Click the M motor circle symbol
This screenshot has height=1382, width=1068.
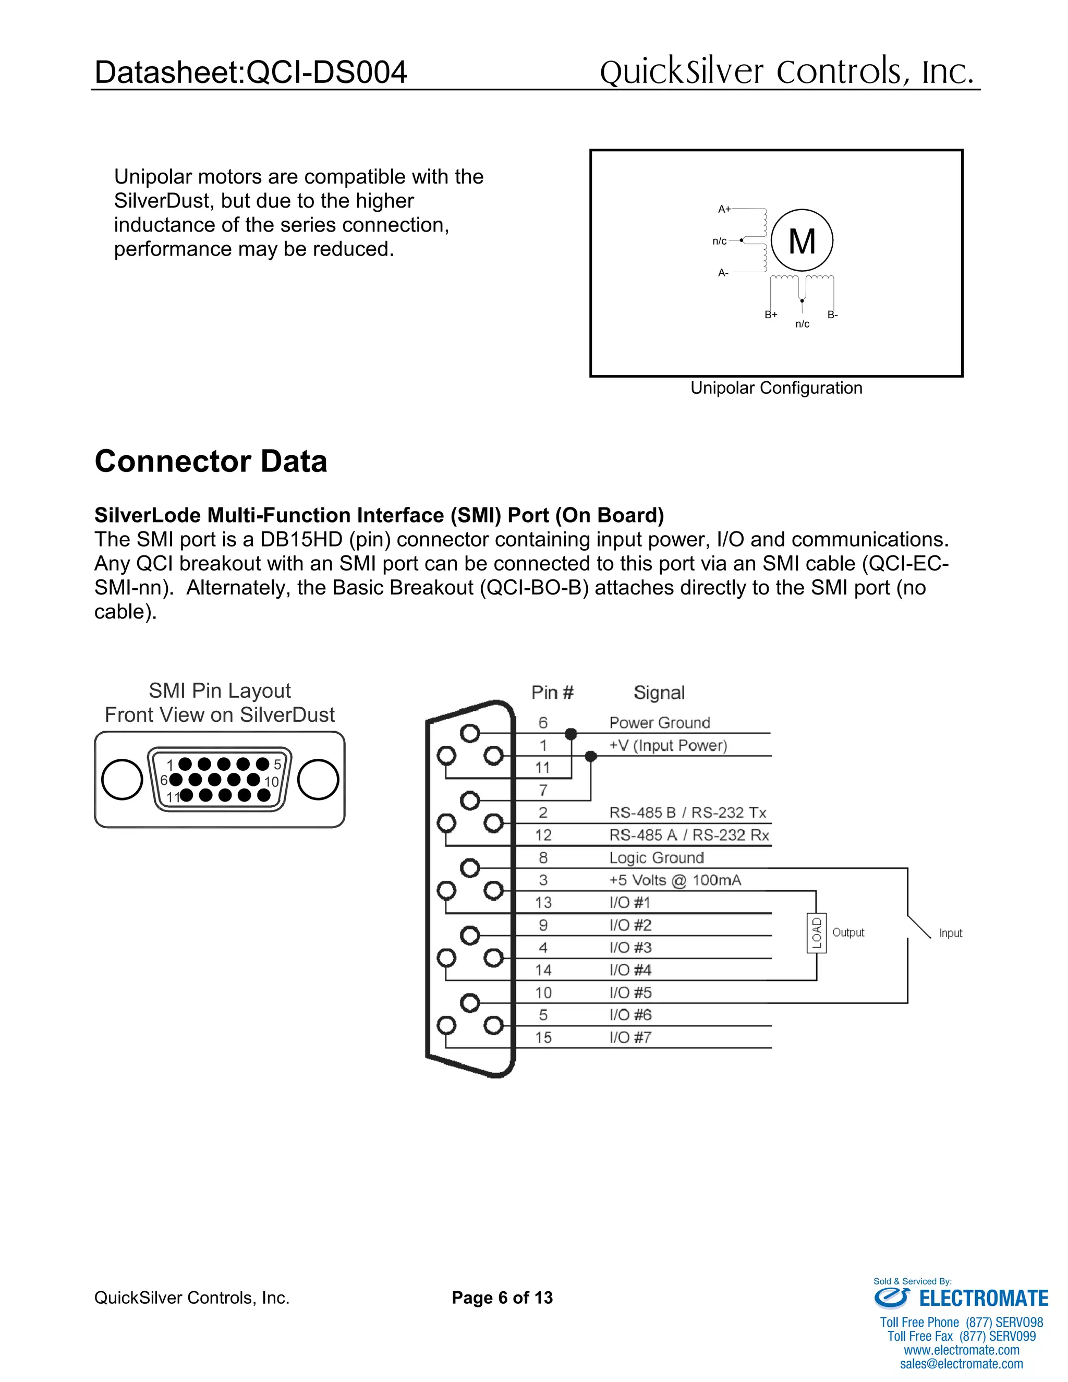pyautogui.click(x=802, y=240)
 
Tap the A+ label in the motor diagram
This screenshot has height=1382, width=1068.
pyautogui.click(x=724, y=209)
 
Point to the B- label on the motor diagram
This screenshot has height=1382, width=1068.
pyautogui.click(x=832, y=314)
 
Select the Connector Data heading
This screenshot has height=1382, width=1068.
pyautogui.click(x=211, y=462)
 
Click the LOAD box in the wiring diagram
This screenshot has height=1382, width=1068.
pyautogui.click(x=816, y=933)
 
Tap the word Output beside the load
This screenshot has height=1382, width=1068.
pyautogui.click(x=848, y=932)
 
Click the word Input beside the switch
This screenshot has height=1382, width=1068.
pyautogui.click(x=950, y=933)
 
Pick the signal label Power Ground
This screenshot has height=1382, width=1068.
pyautogui.click(x=659, y=723)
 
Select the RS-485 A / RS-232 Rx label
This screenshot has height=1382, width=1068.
pyautogui.click(x=688, y=835)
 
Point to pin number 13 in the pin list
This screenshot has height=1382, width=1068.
pyautogui.click(x=543, y=902)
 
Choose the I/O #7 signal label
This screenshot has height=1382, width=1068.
pyautogui.click(x=630, y=1037)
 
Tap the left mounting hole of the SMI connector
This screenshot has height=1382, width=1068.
pyautogui.click(x=122, y=780)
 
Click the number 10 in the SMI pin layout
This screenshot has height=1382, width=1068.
pyautogui.click(x=271, y=782)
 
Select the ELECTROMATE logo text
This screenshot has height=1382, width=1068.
pyautogui.click(x=983, y=1299)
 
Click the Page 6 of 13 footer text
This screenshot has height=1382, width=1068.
pyautogui.click(x=502, y=1298)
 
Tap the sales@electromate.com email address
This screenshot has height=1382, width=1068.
pyautogui.click(x=961, y=1364)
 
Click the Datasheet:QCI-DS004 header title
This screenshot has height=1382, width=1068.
pyautogui.click(x=250, y=71)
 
